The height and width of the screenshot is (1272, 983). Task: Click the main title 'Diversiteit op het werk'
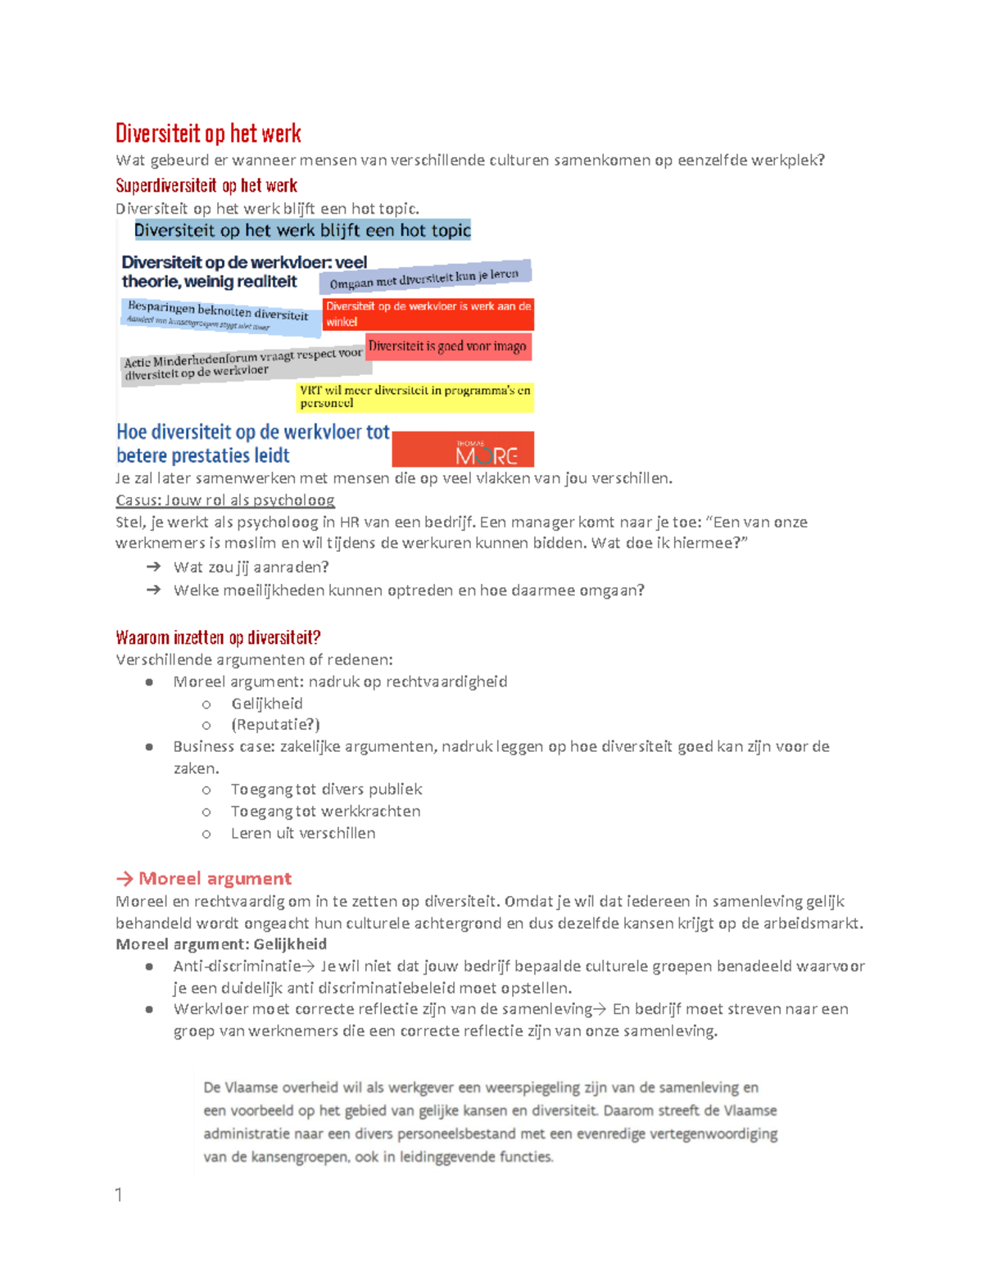pyautogui.click(x=208, y=134)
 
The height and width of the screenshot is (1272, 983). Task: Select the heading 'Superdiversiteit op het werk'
pyautogui.click(x=206, y=185)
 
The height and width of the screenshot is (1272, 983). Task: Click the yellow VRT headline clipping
pyautogui.click(x=414, y=396)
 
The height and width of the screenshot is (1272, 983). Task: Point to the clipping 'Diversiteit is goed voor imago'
pyautogui.click(x=447, y=346)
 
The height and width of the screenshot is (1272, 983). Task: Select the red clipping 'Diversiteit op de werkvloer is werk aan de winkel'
pyautogui.click(x=428, y=314)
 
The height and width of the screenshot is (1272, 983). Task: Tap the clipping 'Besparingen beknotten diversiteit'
pyautogui.click(x=220, y=316)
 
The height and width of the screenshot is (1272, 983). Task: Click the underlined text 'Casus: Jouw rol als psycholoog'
pyautogui.click(x=224, y=500)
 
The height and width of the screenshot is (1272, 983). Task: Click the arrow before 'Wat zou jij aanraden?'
pyautogui.click(x=153, y=567)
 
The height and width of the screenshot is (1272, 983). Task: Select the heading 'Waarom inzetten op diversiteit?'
pyautogui.click(x=218, y=637)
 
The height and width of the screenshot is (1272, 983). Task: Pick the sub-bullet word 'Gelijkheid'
pyautogui.click(x=266, y=704)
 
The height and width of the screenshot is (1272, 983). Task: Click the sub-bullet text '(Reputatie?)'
pyautogui.click(x=275, y=725)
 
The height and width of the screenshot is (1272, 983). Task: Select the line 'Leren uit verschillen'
pyautogui.click(x=302, y=833)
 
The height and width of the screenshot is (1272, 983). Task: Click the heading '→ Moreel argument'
pyautogui.click(x=204, y=878)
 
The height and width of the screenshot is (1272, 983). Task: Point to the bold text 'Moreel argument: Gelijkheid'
pyautogui.click(x=221, y=944)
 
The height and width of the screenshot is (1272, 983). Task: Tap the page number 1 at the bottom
pyautogui.click(x=119, y=1195)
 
